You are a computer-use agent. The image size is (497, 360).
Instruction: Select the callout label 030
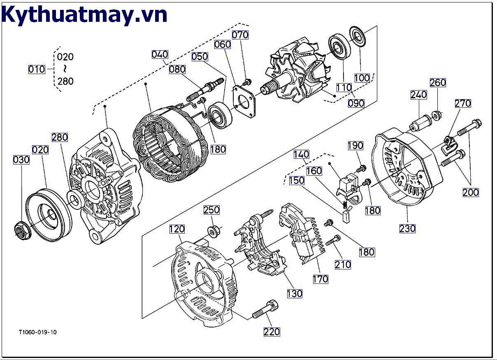click(21, 159)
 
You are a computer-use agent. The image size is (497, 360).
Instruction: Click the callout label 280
click(60, 137)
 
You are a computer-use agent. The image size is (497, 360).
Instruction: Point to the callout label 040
click(160, 54)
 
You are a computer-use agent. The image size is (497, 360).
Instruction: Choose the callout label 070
click(240, 35)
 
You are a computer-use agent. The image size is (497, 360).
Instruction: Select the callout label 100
click(362, 78)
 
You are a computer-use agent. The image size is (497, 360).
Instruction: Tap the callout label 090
click(356, 103)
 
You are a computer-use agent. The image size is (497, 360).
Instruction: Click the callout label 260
click(438, 82)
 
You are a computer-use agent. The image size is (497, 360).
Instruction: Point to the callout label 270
click(463, 103)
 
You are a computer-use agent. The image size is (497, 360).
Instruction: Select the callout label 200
click(471, 192)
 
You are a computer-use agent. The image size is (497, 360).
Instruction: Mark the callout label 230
click(407, 228)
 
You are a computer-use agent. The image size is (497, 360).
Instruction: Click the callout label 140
click(301, 154)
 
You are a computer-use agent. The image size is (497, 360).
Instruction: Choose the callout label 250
click(211, 210)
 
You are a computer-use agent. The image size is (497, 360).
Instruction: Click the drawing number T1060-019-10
click(37, 332)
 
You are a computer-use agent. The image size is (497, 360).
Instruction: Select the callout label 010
click(37, 69)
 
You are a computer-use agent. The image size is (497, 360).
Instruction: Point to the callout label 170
click(320, 279)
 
